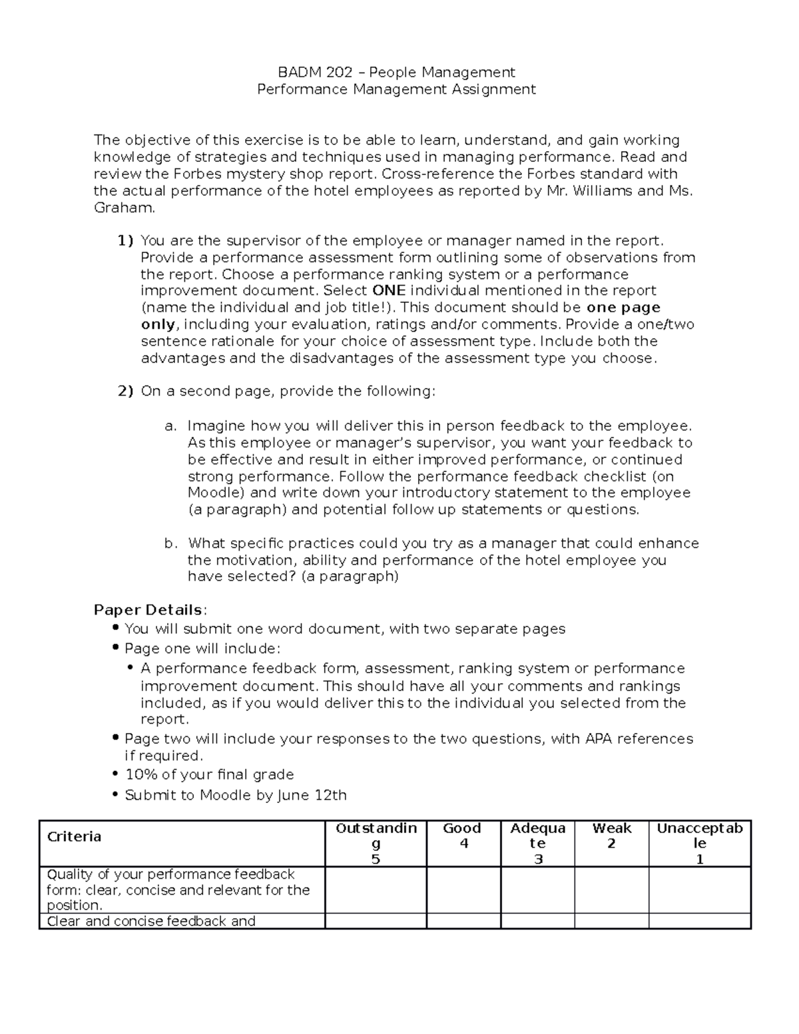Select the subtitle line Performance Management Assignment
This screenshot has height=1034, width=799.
click(396, 89)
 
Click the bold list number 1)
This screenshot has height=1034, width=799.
click(125, 241)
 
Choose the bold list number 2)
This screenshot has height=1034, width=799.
click(125, 391)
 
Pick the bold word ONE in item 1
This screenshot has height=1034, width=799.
click(389, 291)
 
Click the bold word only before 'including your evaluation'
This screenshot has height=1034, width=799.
click(158, 325)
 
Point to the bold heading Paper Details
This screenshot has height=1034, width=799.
click(148, 610)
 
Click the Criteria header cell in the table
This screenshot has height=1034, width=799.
click(74, 837)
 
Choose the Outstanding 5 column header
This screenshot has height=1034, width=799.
click(376, 843)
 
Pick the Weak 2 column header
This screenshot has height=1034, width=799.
click(611, 836)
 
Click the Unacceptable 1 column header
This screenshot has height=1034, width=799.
click(699, 843)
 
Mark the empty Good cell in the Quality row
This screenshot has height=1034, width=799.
click(463, 889)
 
